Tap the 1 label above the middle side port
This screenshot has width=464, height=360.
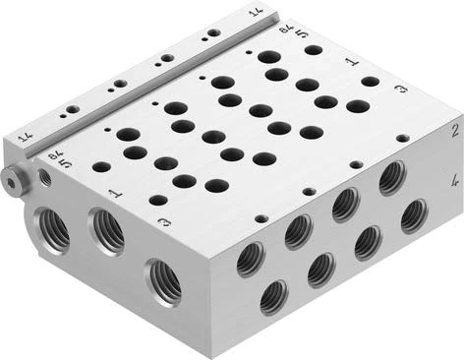115,195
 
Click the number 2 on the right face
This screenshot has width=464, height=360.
453,130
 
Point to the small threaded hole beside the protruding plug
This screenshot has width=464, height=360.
44,178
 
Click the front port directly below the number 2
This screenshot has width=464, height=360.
392,177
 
